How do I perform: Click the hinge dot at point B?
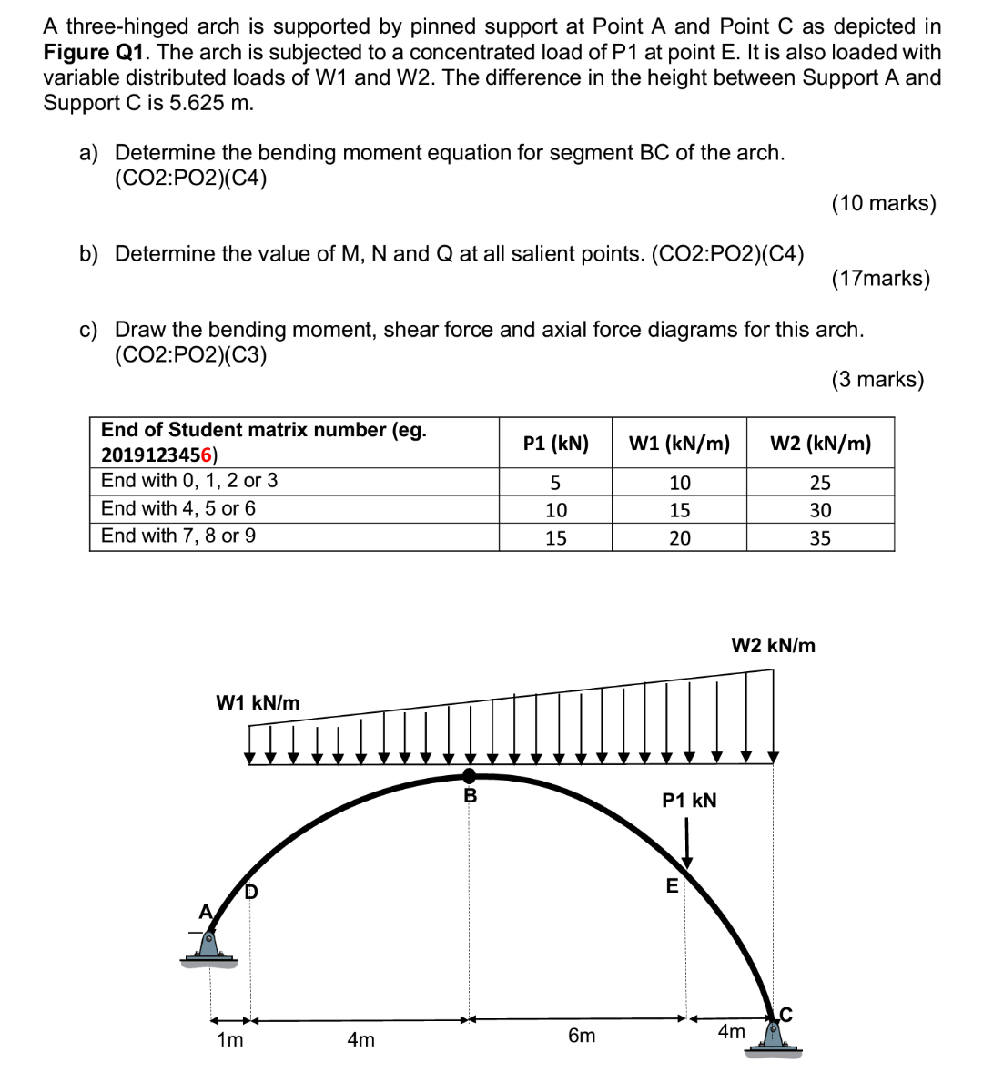coord(470,775)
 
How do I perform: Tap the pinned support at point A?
coord(210,943)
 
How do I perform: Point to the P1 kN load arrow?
coord(688,843)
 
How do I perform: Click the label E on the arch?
coord(672,885)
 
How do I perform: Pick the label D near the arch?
coord(250,891)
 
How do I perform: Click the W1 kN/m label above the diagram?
coord(258,702)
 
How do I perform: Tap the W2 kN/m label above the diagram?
coord(773,646)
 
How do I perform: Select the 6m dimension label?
coord(582,1036)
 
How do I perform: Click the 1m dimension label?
coord(230,1039)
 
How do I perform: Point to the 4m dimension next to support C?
coord(731,1031)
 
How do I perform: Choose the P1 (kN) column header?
coord(555,444)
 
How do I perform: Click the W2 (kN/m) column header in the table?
coord(820,444)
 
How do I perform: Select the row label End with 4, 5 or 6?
coord(178,508)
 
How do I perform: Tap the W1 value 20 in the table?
coord(679,538)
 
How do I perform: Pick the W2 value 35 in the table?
coord(820,538)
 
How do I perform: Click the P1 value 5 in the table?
coord(555,483)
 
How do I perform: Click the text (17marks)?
coord(880,279)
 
